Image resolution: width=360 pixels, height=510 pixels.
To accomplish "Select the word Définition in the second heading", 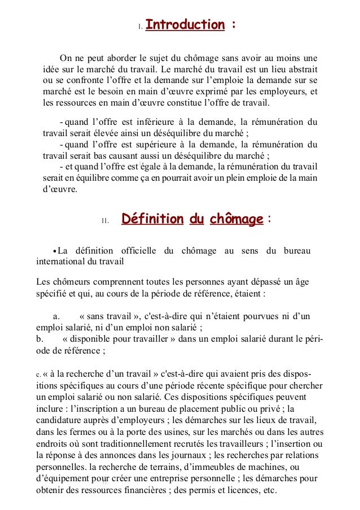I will coord(152,219).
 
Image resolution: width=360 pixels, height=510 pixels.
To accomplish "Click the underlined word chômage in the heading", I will coord(236,219).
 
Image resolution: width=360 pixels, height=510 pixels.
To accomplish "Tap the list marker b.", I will coord(38,339).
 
